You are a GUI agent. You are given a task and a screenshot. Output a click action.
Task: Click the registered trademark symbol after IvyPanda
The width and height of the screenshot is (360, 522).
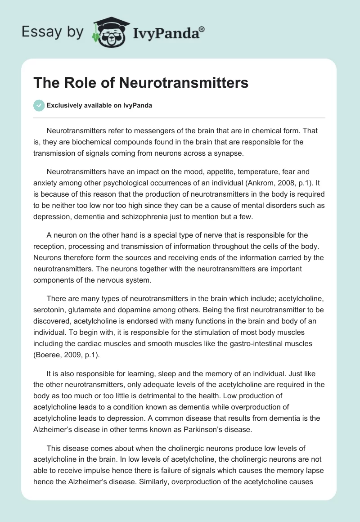point(202,29)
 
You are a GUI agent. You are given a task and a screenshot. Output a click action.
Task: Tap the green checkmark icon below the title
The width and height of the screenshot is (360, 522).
point(39,105)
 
